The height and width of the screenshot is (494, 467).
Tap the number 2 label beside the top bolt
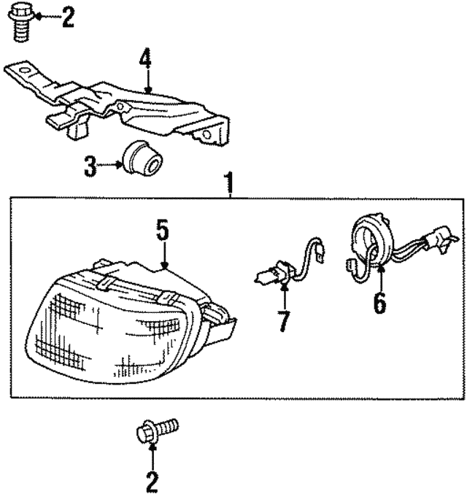pos(67,15)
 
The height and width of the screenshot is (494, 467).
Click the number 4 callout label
pos(147,58)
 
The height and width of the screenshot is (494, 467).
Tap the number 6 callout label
pos(379,303)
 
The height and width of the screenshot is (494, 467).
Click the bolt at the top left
pos(21,22)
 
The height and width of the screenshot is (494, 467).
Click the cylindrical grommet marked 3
pos(139,158)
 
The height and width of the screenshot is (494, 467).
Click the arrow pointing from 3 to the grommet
pos(111,166)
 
